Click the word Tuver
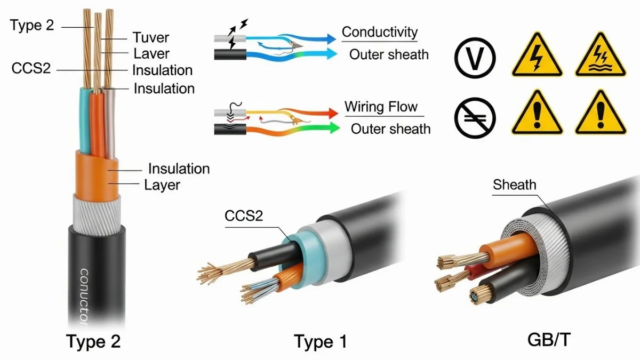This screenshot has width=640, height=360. (x=150, y=37)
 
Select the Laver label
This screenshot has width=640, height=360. (x=151, y=53)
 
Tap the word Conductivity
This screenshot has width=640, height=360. (x=379, y=32)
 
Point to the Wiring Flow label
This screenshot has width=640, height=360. (x=381, y=107)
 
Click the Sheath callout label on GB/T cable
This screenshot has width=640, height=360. (x=514, y=185)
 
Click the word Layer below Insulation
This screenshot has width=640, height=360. (x=162, y=185)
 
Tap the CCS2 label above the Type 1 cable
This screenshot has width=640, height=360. (x=245, y=216)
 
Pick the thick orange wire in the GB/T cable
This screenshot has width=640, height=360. (x=507, y=251)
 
